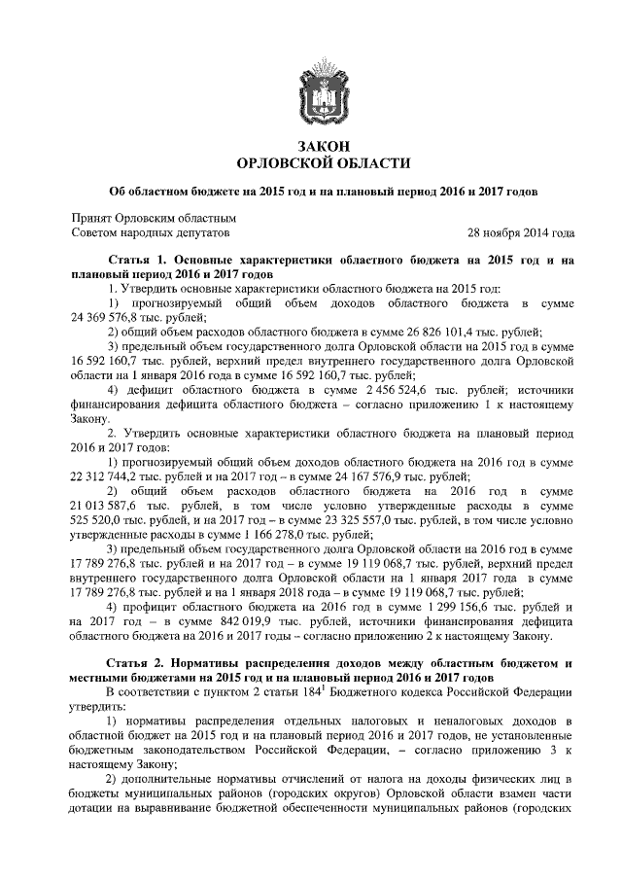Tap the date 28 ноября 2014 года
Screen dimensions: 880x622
(521, 233)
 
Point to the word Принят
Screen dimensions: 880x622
(94, 218)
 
